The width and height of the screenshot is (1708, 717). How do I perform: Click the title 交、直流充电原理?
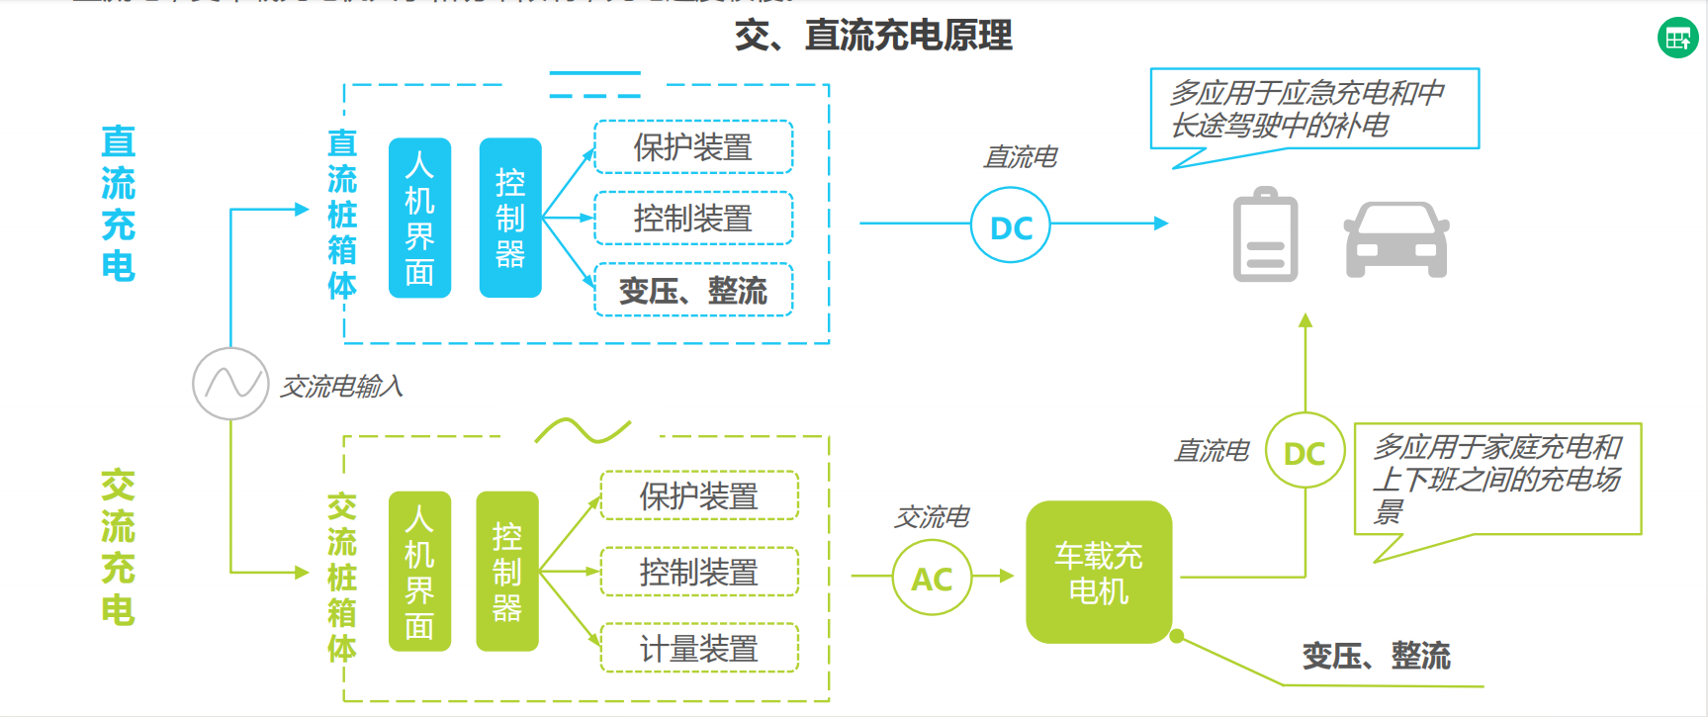(x=873, y=36)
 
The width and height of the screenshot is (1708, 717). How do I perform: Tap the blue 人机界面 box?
(x=419, y=218)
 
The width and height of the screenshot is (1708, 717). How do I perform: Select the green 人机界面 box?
(x=419, y=572)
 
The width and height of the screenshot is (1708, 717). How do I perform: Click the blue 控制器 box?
(x=510, y=218)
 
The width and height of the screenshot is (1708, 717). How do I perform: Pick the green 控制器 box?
(x=507, y=572)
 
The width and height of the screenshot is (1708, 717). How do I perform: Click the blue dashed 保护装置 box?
(x=693, y=147)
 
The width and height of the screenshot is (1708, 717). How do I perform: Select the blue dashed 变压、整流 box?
(x=693, y=291)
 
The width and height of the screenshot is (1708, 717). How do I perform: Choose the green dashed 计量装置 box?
(x=699, y=649)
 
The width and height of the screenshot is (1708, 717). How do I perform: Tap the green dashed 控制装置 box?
(x=699, y=573)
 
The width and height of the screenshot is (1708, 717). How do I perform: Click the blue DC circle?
(x=1011, y=226)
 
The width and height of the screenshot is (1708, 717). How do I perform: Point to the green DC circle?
(x=1304, y=452)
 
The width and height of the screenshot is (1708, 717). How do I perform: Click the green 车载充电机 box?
(x=1099, y=573)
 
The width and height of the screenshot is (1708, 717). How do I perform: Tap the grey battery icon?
(x=1265, y=235)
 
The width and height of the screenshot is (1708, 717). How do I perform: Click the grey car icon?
(x=1396, y=239)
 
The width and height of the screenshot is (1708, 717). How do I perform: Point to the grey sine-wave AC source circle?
(x=230, y=384)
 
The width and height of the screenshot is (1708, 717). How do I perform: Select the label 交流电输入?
(x=342, y=386)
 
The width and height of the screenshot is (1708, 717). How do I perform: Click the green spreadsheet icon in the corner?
(x=1677, y=39)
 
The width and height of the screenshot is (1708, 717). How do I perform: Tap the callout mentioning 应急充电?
(x=1314, y=109)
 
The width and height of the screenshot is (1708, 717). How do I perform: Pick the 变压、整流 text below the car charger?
(x=1376, y=656)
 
